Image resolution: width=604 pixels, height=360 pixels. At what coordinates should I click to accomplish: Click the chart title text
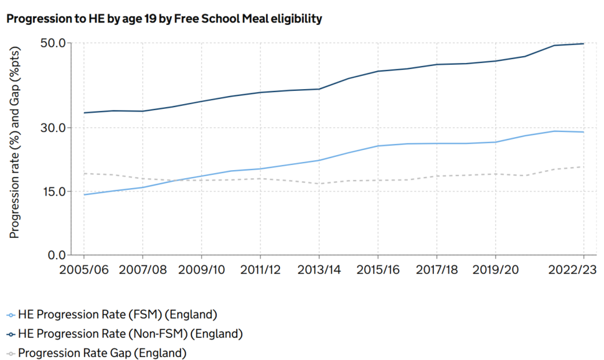[x=164, y=19]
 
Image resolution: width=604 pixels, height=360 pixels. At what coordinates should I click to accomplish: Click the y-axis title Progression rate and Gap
[x=14, y=143]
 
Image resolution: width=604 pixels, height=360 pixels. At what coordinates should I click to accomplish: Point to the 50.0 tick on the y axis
[x=53, y=43]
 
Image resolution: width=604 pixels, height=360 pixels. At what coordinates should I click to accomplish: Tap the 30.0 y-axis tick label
[x=53, y=128]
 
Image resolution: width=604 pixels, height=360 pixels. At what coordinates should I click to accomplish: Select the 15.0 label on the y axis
[x=53, y=191]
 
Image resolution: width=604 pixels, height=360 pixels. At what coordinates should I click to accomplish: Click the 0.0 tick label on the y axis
[x=57, y=255]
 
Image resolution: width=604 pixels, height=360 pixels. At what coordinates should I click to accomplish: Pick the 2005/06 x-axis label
[x=84, y=270]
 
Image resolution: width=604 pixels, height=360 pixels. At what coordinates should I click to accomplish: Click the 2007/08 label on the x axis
[x=143, y=270]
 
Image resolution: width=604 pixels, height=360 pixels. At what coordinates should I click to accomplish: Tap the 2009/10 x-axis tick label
[x=202, y=270]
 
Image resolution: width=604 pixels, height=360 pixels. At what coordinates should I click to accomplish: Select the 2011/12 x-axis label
[x=260, y=270]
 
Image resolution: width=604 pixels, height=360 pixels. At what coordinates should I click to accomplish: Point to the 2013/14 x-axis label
[x=319, y=270]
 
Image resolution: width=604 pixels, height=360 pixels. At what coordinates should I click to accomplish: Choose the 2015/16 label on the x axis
[x=378, y=270]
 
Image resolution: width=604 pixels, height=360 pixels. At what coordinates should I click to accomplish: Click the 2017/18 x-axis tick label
[x=437, y=270]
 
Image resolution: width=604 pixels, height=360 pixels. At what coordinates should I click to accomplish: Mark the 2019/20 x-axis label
[x=496, y=270]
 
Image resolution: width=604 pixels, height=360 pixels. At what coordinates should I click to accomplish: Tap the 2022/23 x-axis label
[x=572, y=270]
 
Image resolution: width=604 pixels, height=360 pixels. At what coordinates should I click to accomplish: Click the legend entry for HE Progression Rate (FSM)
[x=112, y=315]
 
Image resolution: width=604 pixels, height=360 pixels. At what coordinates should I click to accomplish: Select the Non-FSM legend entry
[x=125, y=334]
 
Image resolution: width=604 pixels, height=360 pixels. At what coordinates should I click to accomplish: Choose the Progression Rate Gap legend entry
[x=97, y=353]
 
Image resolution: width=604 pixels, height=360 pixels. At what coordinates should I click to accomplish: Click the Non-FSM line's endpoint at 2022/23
[x=583, y=44]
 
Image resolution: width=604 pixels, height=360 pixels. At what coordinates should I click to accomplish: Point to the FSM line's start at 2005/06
[x=84, y=195]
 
